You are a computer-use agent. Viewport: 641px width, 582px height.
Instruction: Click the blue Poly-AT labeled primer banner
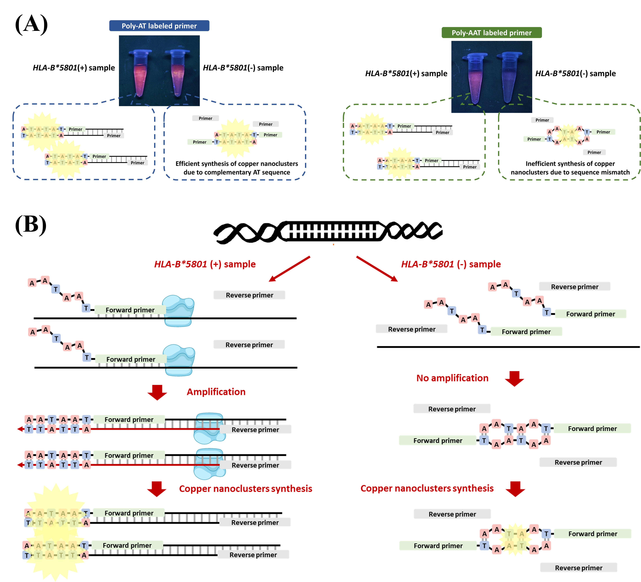pyautogui.click(x=159, y=26)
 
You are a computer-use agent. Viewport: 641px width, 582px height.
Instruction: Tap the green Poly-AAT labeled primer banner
pyautogui.click(x=492, y=32)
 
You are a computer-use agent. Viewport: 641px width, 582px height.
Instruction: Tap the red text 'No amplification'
pyautogui.click(x=452, y=378)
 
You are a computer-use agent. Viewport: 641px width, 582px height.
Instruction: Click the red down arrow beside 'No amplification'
pyautogui.click(x=514, y=379)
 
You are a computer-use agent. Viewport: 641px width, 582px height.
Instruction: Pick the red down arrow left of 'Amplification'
pyautogui.click(x=157, y=392)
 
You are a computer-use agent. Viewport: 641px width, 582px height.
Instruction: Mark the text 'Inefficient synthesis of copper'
pyautogui.click(x=570, y=164)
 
